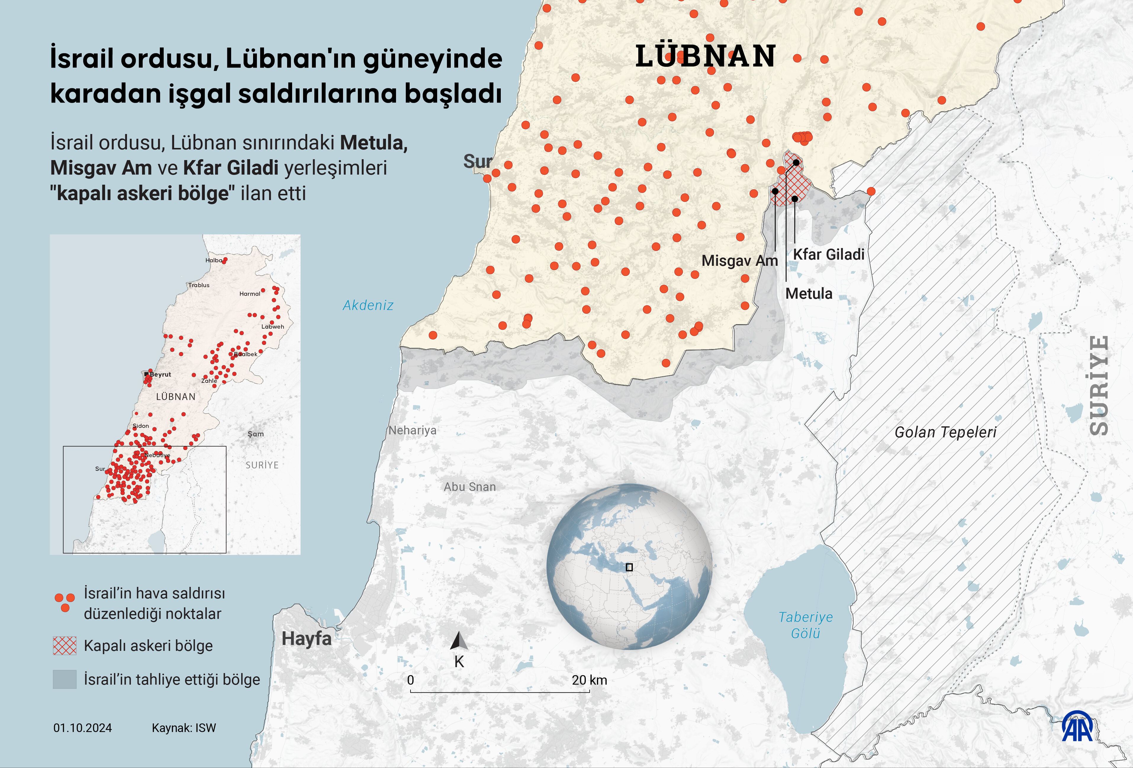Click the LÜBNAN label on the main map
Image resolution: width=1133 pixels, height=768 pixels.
(x=705, y=56)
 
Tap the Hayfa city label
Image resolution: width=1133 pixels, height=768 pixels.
(x=306, y=639)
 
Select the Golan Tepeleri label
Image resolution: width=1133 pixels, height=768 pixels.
(x=945, y=432)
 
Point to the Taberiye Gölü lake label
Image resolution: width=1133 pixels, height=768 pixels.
(x=805, y=625)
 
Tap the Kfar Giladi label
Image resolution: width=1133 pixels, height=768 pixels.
(x=828, y=254)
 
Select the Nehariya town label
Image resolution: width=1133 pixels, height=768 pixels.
(x=412, y=430)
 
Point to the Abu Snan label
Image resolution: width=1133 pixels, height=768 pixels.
(x=469, y=487)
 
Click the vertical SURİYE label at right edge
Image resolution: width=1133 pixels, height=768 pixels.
(x=1099, y=385)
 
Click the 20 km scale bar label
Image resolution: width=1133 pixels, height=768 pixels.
(x=589, y=680)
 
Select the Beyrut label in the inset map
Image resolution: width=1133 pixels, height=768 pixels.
(x=160, y=375)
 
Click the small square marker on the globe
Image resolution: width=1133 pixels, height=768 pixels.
(x=629, y=567)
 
